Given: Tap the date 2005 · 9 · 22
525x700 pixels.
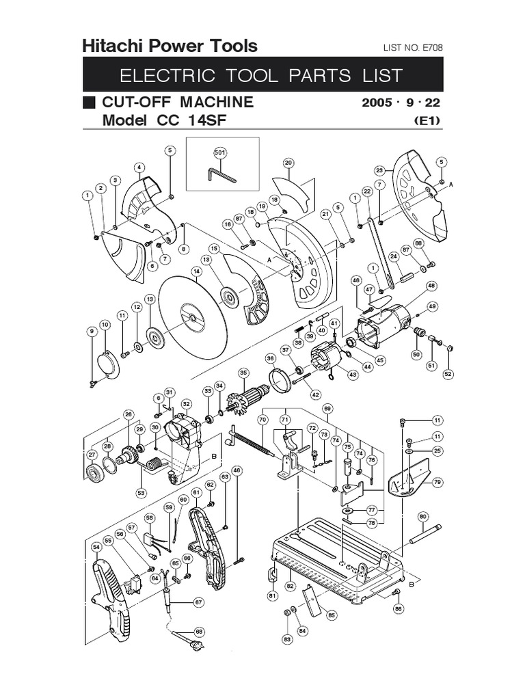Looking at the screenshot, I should (x=400, y=103).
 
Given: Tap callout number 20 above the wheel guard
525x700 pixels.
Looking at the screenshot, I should (x=288, y=163).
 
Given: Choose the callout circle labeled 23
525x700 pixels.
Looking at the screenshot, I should (x=381, y=170).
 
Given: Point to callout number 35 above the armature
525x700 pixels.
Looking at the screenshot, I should (x=243, y=373).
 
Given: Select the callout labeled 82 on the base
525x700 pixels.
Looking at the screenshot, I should (x=290, y=586).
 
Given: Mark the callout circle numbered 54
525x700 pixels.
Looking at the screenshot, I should (x=96, y=546).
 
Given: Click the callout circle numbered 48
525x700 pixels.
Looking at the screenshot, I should (x=431, y=286).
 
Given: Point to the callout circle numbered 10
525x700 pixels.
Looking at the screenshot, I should (x=105, y=324).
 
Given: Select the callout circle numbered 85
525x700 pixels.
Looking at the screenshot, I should (x=332, y=615).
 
